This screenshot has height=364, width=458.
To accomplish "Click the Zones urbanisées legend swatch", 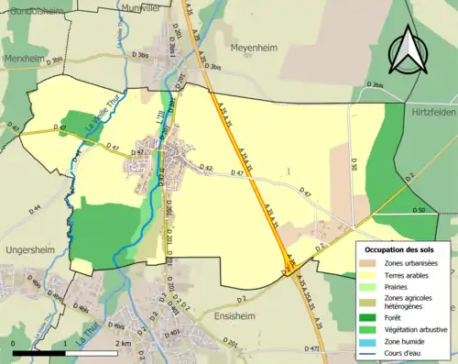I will [372, 263].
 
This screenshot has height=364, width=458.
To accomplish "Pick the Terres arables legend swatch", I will [372, 275].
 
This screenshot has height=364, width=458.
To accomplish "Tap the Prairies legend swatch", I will [372, 287].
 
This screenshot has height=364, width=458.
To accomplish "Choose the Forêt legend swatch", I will [372, 317].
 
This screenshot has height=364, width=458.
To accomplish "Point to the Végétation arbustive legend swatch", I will [372, 329].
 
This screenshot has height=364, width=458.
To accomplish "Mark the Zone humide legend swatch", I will [372, 341].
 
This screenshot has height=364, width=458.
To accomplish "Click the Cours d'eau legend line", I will [372, 353].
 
